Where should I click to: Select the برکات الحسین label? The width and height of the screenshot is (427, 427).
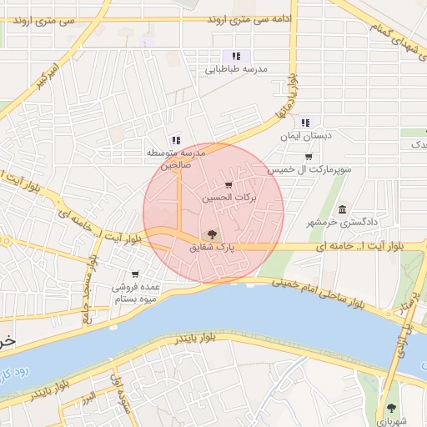[229, 198]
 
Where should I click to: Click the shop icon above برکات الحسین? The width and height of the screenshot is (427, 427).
[229, 185]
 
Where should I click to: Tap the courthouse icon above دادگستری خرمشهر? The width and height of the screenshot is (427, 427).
[343, 208]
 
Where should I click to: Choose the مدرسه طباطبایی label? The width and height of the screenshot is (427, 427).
[236, 70]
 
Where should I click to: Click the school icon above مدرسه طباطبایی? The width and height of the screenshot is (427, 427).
[236, 56]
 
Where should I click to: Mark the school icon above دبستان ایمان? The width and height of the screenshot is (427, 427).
[305, 123]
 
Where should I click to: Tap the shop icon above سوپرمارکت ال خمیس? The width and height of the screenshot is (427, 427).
[309, 157]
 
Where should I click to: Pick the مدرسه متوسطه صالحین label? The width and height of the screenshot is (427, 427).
[176, 158]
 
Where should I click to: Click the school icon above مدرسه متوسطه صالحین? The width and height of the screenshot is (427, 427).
[175, 140]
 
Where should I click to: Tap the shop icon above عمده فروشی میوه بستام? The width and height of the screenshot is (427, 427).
[135, 274]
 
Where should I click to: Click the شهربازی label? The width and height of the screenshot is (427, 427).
[392, 421]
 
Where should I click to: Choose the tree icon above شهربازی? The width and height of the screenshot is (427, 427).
[392, 408]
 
